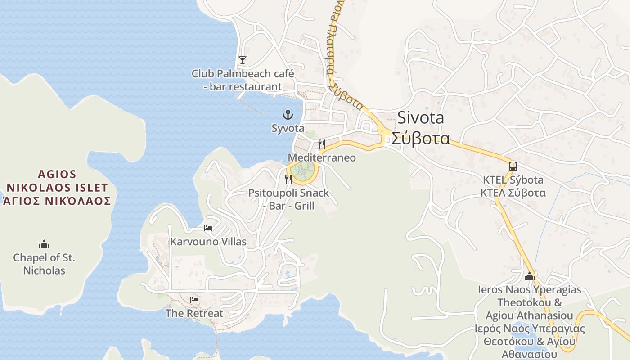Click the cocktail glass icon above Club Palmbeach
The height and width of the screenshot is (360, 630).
[243, 60]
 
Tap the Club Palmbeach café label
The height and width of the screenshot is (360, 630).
[243, 80]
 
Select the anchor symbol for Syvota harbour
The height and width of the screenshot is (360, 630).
[288, 115]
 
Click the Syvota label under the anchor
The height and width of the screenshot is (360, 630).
[288, 128]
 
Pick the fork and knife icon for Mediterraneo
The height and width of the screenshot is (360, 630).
[322, 144]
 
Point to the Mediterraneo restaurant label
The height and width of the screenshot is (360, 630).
[322, 158]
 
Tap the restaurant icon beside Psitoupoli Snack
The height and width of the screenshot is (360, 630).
[288, 180]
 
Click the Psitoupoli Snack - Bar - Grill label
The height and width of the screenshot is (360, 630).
[288, 199]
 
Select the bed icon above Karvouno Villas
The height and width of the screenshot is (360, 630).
[208, 228]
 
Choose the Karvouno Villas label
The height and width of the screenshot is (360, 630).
[208, 242]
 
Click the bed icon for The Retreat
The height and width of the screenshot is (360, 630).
[194, 300]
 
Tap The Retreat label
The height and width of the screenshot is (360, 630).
[194, 313]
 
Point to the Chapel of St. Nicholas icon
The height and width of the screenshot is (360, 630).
[44, 245]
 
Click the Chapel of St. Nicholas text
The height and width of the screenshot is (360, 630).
[44, 264]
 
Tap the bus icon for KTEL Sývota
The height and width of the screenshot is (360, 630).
[513, 166]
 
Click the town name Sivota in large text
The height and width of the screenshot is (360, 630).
[420, 118]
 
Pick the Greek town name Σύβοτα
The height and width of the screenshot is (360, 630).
[420, 138]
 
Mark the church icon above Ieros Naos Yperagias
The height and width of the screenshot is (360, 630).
[530, 276]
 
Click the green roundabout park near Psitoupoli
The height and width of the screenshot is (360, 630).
[303, 170]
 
